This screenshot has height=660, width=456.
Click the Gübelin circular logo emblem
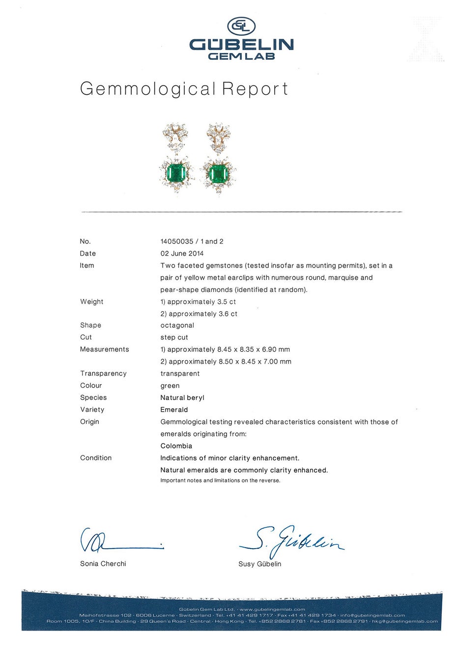point(241,26)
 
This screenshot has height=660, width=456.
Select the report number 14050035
point(177,241)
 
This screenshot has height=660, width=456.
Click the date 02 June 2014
point(182,254)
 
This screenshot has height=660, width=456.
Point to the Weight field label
point(92,302)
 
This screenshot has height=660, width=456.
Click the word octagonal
point(177,325)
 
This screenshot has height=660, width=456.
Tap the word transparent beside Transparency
point(180,373)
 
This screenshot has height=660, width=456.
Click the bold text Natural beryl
point(182,397)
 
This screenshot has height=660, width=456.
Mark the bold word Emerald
point(174,410)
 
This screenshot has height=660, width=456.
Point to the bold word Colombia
point(176,446)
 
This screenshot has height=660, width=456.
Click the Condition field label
point(96,458)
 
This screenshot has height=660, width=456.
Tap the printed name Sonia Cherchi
point(103,564)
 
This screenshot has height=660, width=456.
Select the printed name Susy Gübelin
point(260,564)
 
